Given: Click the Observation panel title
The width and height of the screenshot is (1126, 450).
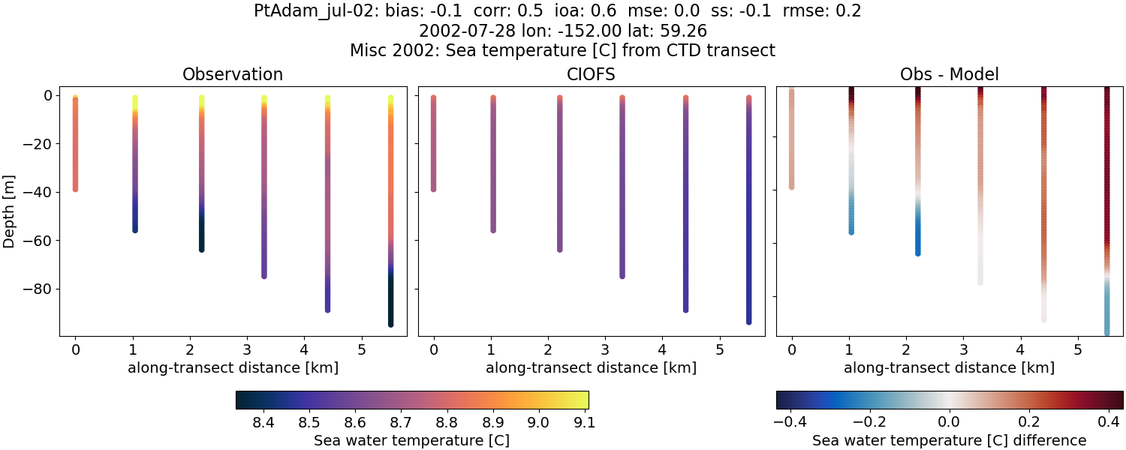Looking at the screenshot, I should point(233,74).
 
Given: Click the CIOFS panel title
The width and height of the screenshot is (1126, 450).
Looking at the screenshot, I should point(591,74).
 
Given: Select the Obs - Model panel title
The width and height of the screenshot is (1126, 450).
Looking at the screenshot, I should point(949,74).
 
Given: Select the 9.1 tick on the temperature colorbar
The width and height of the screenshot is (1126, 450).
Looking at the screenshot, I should point(584,424).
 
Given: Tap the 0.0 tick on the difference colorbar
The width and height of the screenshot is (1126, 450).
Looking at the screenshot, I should point(950,424).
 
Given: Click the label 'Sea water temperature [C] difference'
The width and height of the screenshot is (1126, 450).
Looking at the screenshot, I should point(949,440).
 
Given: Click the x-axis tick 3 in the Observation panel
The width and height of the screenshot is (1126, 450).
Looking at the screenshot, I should point(246,349).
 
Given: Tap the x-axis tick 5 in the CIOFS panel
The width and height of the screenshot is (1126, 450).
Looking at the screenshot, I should point(719,349).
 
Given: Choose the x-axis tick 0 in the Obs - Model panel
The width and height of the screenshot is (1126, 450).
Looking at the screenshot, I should point(791,349).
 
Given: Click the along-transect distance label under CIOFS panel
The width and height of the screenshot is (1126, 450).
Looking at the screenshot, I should point(591,367).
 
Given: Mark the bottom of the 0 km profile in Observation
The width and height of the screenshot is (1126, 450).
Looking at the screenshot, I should point(75,188).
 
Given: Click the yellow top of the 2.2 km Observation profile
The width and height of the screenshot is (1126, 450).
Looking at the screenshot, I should point(201,99).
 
